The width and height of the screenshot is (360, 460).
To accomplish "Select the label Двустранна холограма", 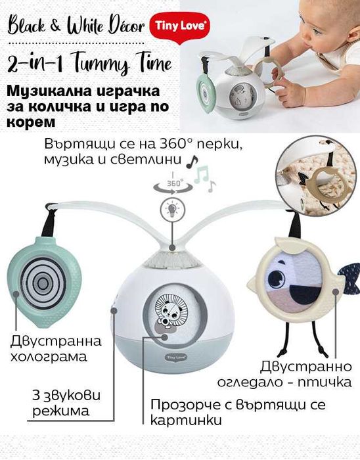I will [56, 350].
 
